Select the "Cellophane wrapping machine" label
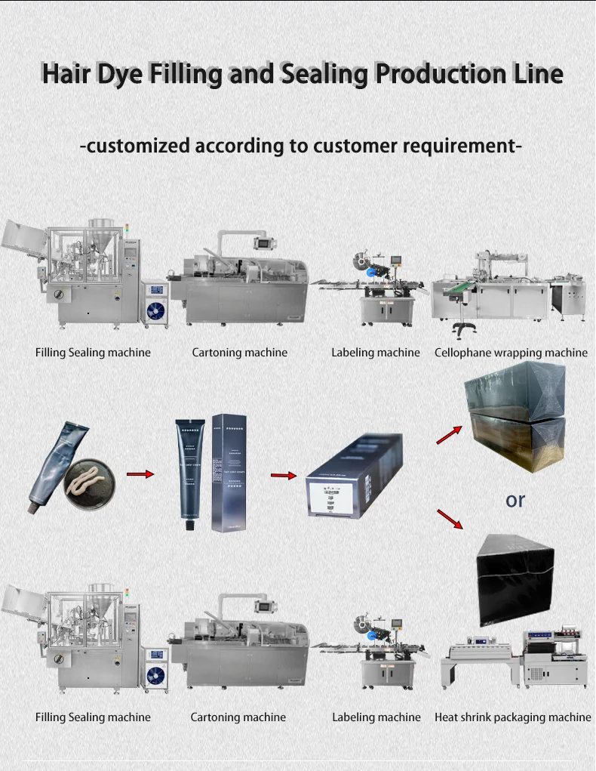[x=511, y=353]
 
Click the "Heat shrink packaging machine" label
[x=513, y=717]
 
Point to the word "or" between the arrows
[x=515, y=500]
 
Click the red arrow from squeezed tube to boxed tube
[x=140, y=474]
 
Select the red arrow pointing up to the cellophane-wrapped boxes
[x=448, y=433]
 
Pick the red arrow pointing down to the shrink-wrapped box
[x=450, y=519]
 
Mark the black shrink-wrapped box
[x=515, y=578]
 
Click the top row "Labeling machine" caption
[x=376, y=353]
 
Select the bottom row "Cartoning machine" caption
[x=238, y=717]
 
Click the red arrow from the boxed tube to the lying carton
[x=284, y=476]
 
